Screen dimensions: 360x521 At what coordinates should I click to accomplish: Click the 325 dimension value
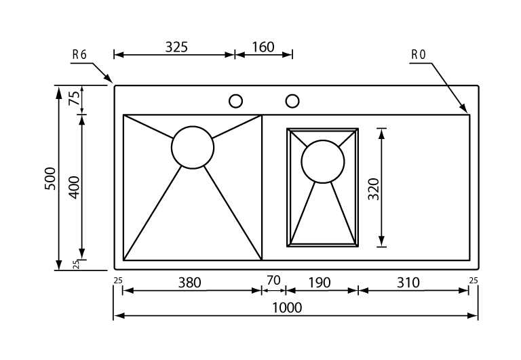pos(176,47)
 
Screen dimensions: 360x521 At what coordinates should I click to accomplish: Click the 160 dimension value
pos(263,47)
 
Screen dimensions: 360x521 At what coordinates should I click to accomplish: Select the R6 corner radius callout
pos(79,55)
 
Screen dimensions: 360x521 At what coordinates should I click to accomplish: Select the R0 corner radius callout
pos(418,55)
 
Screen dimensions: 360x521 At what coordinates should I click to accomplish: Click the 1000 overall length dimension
pos(287,307)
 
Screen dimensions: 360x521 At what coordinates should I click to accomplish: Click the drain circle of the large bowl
pos(193,147)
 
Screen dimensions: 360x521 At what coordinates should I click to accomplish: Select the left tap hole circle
pos(236,101)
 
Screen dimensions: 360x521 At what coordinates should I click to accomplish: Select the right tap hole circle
pos(292,101)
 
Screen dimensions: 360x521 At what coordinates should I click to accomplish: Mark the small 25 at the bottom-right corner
pos(473,279)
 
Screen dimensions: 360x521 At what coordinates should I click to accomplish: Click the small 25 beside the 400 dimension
pos(76,264)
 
